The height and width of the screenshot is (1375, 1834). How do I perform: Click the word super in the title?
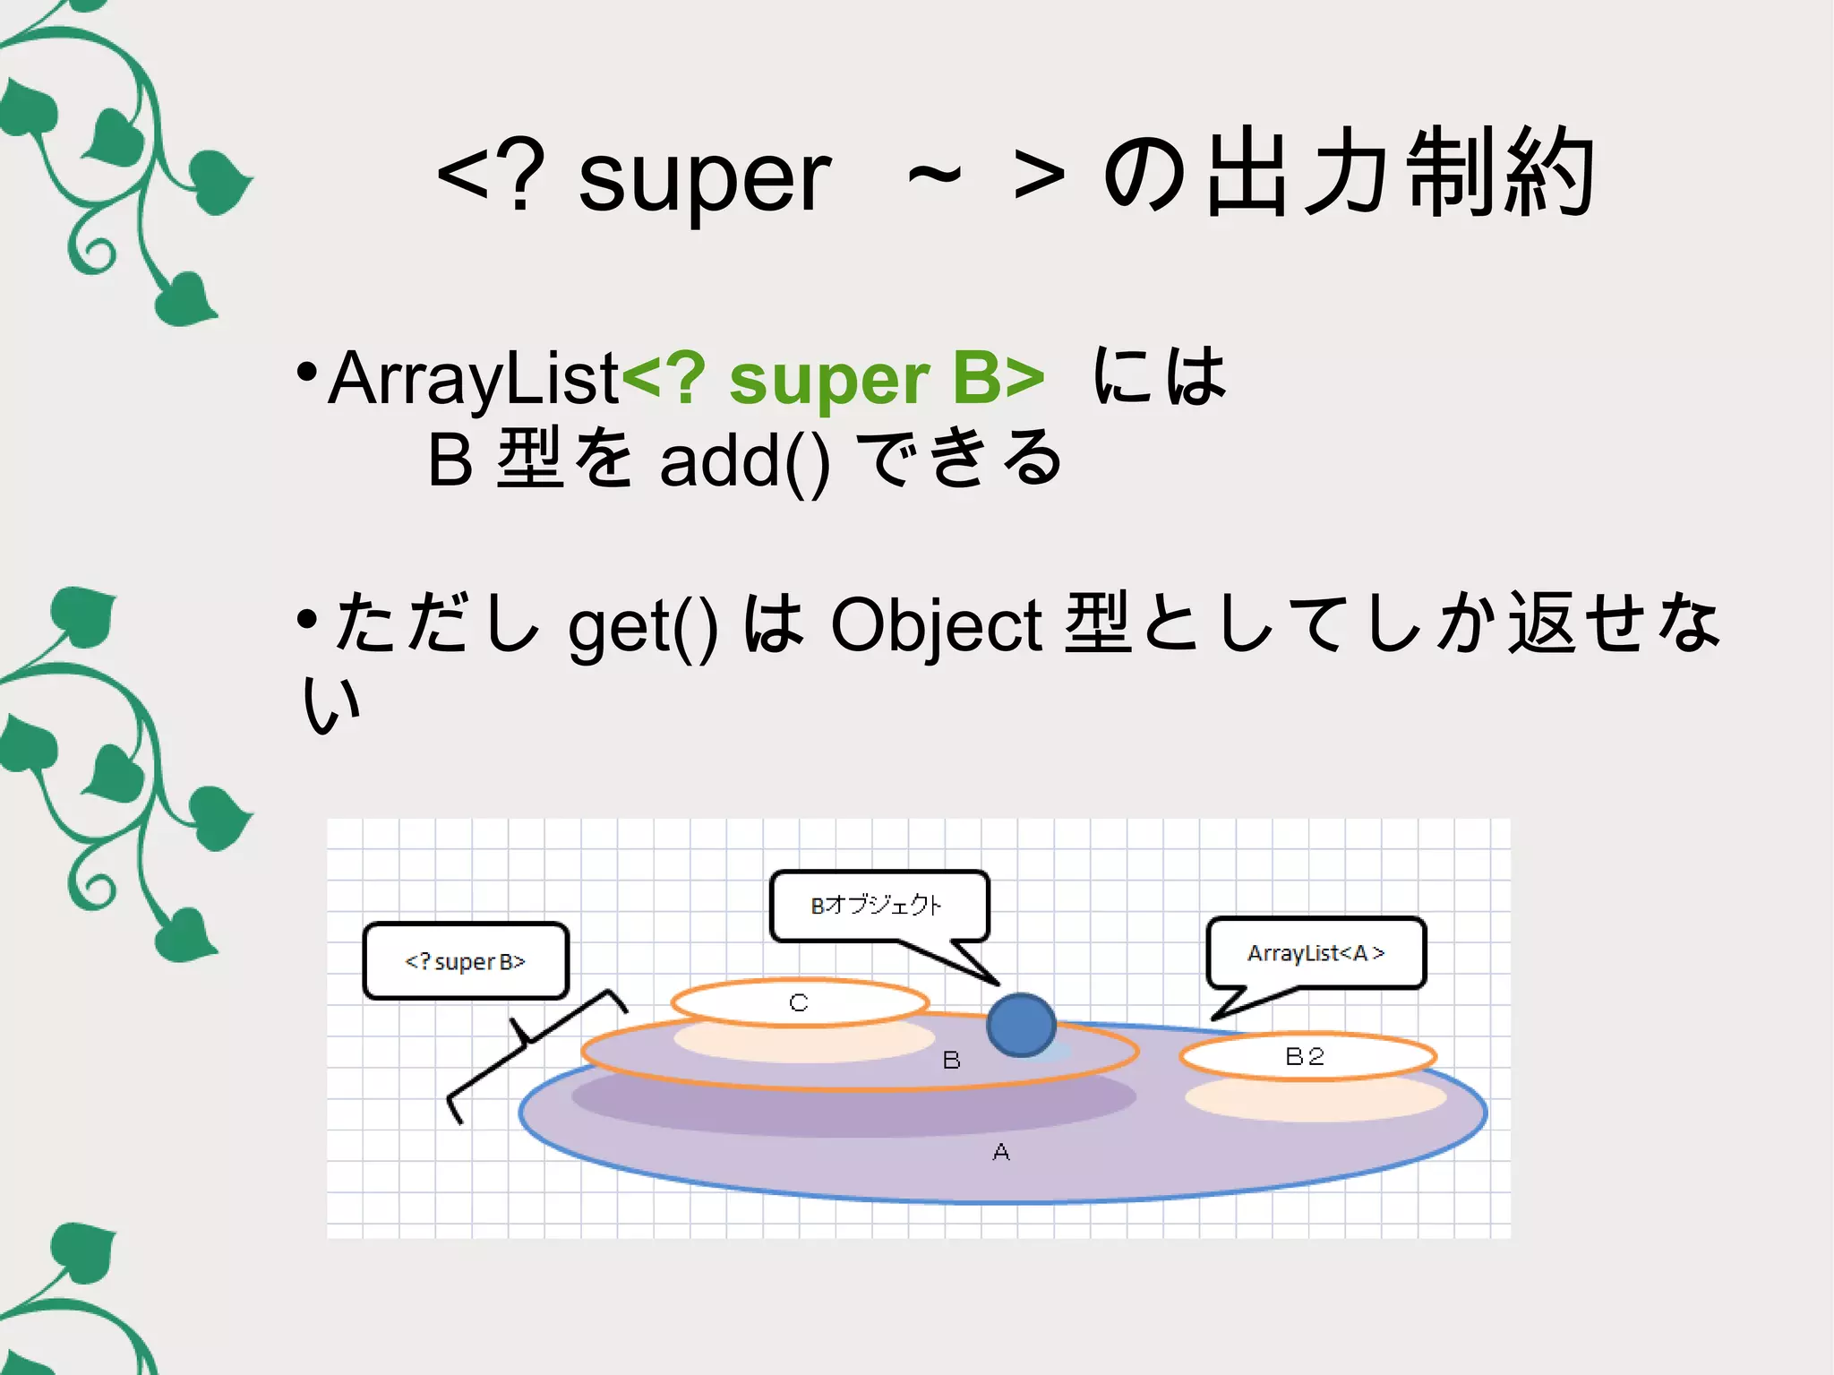705,180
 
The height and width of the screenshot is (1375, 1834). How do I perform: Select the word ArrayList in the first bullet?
474,379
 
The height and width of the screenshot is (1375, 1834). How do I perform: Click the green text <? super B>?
833,379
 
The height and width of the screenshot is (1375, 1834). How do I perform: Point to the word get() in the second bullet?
643,625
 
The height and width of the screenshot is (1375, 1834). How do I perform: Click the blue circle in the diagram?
1020,1025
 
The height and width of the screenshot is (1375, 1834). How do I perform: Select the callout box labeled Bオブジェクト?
878,906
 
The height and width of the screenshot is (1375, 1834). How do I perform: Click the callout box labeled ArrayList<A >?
1316,953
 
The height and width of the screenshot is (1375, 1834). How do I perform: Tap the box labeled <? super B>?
466,961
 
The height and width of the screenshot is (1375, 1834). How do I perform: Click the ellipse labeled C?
799,1002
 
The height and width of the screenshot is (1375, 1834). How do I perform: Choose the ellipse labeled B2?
1307,1056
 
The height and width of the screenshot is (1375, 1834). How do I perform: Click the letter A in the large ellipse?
1001,1152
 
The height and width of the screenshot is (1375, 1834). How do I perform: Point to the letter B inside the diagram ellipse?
951,1061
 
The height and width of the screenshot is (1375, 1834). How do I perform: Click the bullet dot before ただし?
306,618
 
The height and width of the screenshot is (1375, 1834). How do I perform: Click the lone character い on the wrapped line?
331,705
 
